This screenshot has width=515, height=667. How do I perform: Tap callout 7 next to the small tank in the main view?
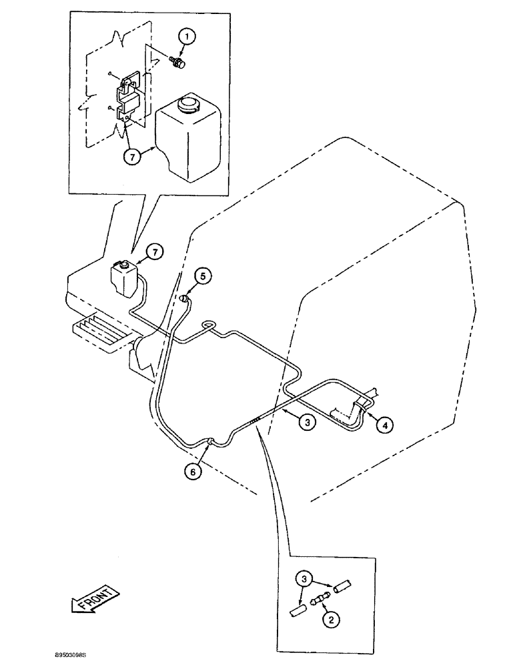click(x=155, y=253)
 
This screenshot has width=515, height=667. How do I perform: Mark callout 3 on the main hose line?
click(x=305, y=422)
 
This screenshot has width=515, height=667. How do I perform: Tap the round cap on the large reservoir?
click(x=186, y=107)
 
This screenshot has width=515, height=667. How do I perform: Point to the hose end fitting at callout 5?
click(x=185, y=300)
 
